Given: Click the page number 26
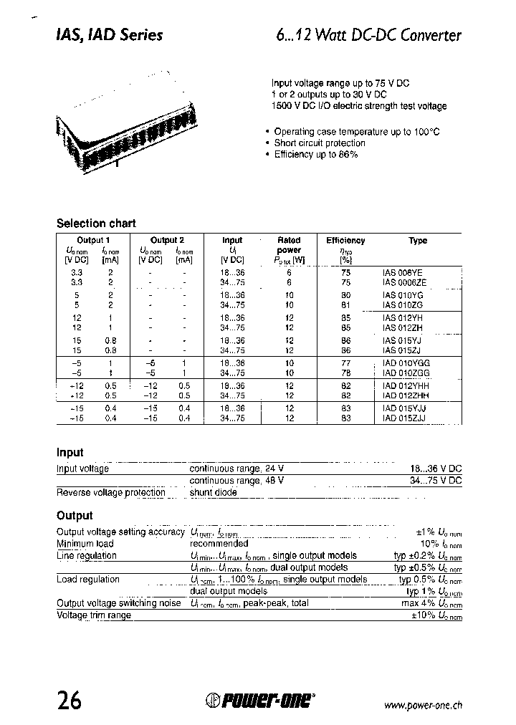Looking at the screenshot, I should click(71, 700).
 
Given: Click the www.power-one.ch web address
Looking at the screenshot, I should click(423, 705).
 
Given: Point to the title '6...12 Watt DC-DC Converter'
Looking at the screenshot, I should click(368, 35).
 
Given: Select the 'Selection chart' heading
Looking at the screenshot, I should click(96, 224).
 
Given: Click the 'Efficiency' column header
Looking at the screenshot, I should click(345, 241).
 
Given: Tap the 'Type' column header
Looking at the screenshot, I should click(418, 241).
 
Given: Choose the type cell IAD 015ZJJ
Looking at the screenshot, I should click(406, 418).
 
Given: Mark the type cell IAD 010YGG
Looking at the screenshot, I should click(406, 363).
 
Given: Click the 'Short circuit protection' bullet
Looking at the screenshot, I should click(320, 143).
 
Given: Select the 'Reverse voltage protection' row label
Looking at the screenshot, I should click(111, 492).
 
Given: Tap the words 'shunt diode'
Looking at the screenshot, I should click(213, 492).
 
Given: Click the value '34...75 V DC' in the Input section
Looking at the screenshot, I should click(436, 481).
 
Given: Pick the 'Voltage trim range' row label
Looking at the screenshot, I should click(94, 615).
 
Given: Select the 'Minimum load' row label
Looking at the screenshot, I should click(85, 544).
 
